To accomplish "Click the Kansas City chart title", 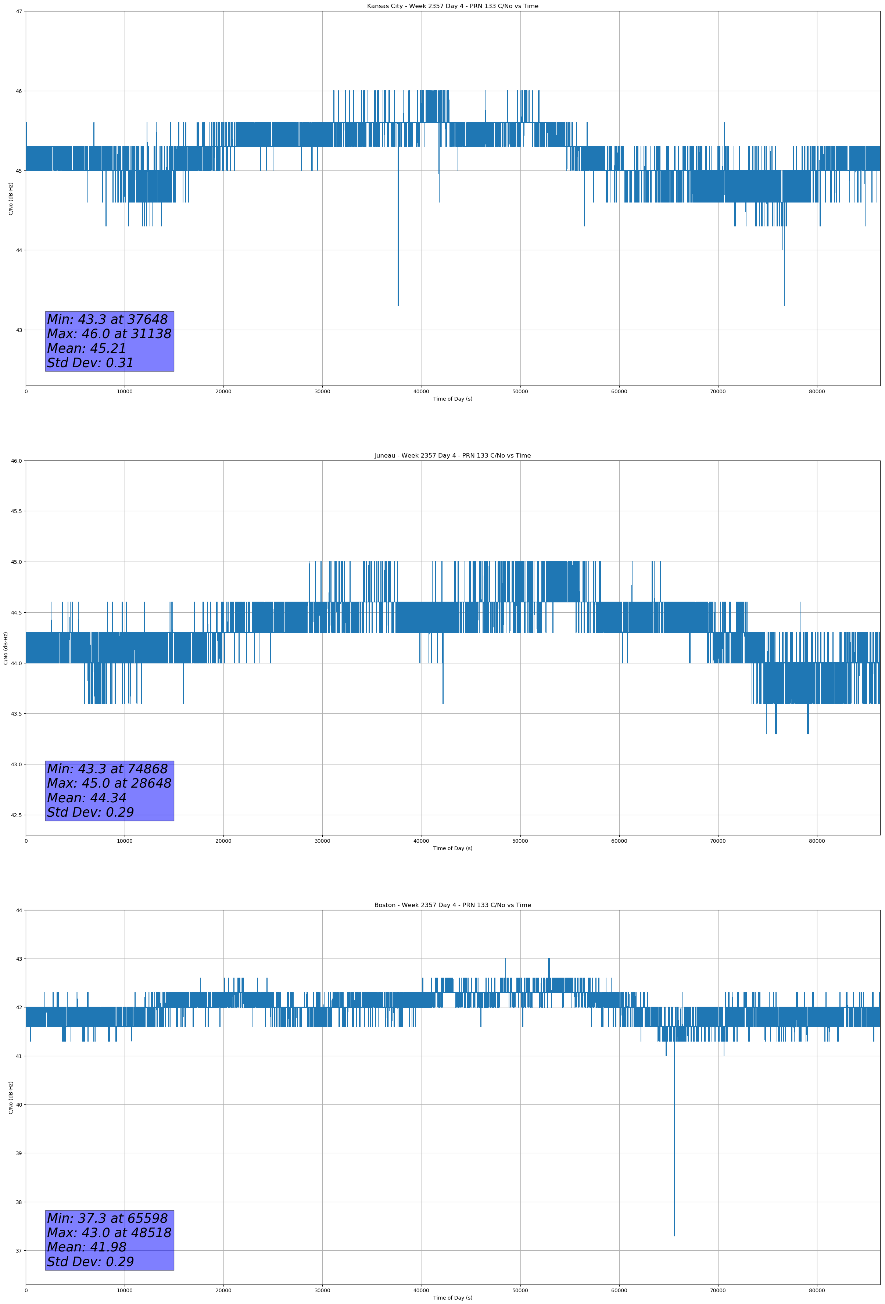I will click(x=452, y=6).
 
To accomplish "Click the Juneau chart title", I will click(x=452, y=456).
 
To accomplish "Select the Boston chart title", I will click(x=452, y=905).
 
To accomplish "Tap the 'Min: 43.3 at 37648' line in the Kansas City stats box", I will click(x=107, y=319).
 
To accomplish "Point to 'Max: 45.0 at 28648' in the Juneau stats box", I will click(x=109, y=783).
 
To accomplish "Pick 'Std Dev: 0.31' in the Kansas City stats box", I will click(x=90, y=363).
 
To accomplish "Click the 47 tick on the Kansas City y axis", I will click(x=19, y=11).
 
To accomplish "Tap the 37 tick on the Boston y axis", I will click(x=19, y=1251).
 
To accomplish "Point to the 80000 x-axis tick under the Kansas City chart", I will click(x=817, y=392).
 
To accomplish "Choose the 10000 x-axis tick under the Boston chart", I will click(x=125, y=1290).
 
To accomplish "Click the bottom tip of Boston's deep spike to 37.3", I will click(x=674, y=1236).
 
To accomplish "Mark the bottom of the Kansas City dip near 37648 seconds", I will click(x=398, y=305).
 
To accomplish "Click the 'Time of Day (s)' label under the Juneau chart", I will click(x=452, y=848).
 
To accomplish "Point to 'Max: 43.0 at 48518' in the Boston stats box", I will click(x=109, y=1233).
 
